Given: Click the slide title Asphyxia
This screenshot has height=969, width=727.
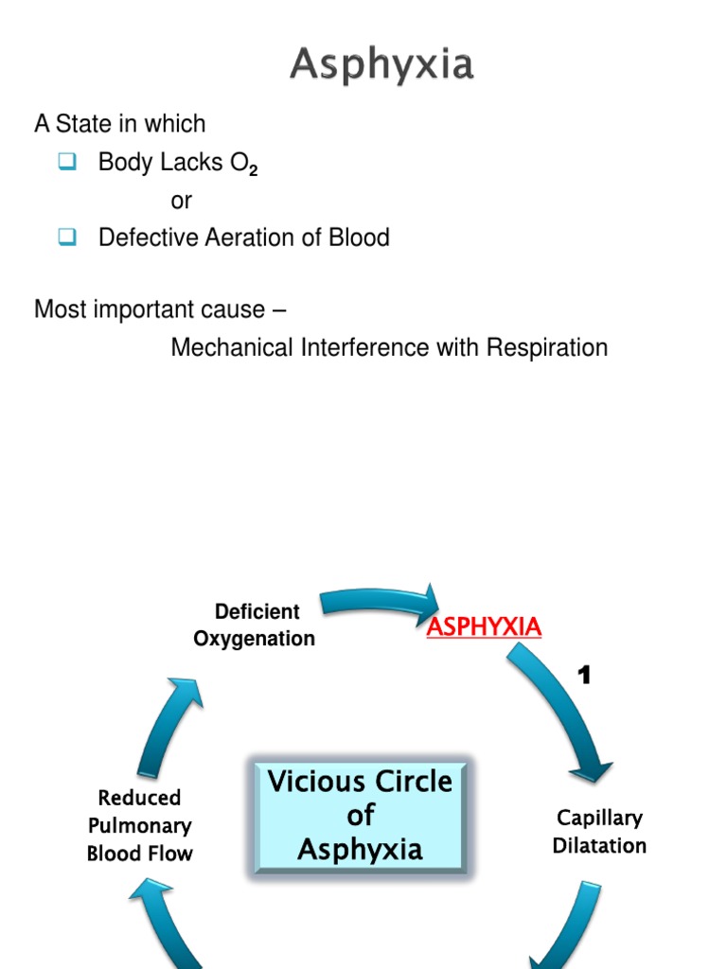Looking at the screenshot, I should click(x=381, y=65).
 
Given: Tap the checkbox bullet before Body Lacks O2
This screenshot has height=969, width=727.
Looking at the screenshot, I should click(x=66, y=162).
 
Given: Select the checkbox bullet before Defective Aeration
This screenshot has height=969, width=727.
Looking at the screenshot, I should click(x=66, y=237).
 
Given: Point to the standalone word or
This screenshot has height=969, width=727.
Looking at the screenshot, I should click(x=181, y=201).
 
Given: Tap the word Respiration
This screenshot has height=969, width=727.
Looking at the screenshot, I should click(x=547, y=347).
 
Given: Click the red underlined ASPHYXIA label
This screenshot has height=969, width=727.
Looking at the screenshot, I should click(x=484, y=626).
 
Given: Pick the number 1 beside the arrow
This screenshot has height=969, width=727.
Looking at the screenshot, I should click(x=585, y=675).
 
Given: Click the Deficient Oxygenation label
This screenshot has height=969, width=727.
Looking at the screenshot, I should click(x=255, y=625).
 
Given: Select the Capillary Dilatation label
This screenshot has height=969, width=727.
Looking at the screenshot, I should click(x=599, y=831).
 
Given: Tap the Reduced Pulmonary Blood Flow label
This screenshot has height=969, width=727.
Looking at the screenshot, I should click(x=140, y=825).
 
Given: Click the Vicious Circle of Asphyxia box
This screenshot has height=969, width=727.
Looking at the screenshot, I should click(x=360, y=814).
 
